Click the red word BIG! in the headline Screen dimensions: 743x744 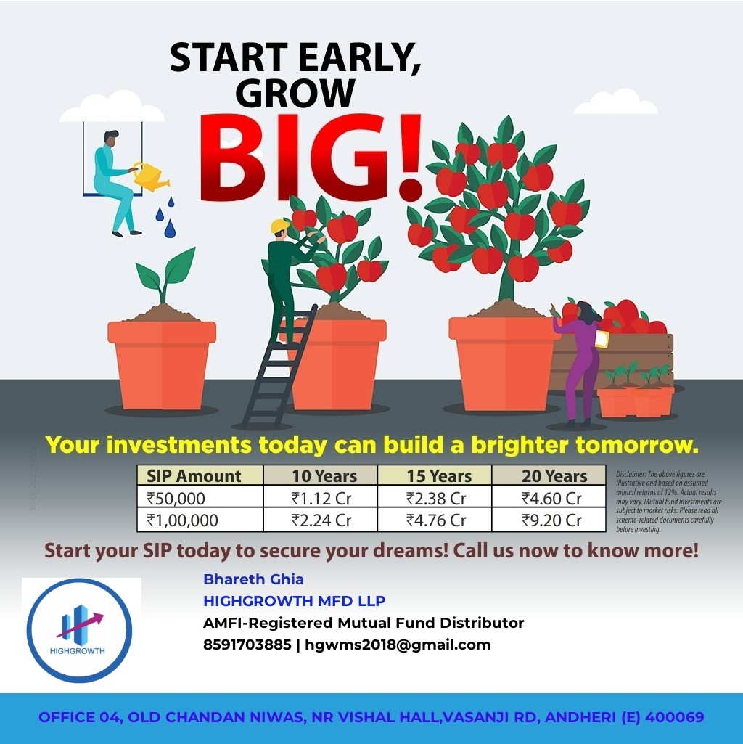(x=311, y=158)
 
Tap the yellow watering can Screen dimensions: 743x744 (x=149, y=176)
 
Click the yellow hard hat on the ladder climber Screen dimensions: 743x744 (x=280, y=226)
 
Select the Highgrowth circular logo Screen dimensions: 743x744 (x=79, y=630)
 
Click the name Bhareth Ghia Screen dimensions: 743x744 (x=253, y=579)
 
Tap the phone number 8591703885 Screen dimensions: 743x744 (x=247, y=645)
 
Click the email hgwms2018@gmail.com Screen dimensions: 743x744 (x=398, y=645)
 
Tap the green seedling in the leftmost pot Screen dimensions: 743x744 (x=164, y=274)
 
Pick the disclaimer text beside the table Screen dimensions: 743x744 (x=669, y=502)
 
